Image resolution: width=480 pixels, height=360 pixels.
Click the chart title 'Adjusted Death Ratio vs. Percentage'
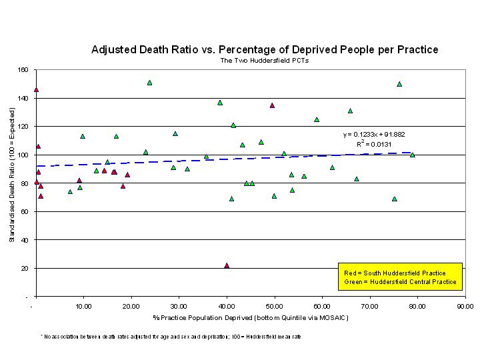click(x=265, y=50)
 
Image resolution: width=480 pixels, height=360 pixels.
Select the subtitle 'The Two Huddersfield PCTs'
click(x=265, y=61)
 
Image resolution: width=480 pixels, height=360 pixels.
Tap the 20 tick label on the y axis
click(x=27, y=268)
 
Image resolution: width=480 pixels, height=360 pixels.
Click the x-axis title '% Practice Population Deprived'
click(x=251, y=317)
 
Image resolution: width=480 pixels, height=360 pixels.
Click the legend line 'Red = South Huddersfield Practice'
click(x=394, y=273)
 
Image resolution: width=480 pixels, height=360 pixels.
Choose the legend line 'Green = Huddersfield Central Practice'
click(x=400, y=282)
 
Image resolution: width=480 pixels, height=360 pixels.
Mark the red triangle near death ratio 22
click(x=227, y=265)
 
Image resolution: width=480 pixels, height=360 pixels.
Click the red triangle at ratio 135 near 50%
click(x=272, y=105)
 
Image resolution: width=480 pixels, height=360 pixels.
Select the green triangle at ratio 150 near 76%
click(x=399, y=84)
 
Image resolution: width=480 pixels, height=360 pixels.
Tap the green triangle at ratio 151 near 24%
click(x=149, y=83)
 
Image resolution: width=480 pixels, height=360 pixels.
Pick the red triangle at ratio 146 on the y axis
click(x=36, y=89)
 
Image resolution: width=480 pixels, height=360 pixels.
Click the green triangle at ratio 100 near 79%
click(x=413, y=155)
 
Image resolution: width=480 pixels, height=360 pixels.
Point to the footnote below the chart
click(x=171, y=337)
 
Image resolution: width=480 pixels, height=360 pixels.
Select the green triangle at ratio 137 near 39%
click(x=220, y=103)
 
